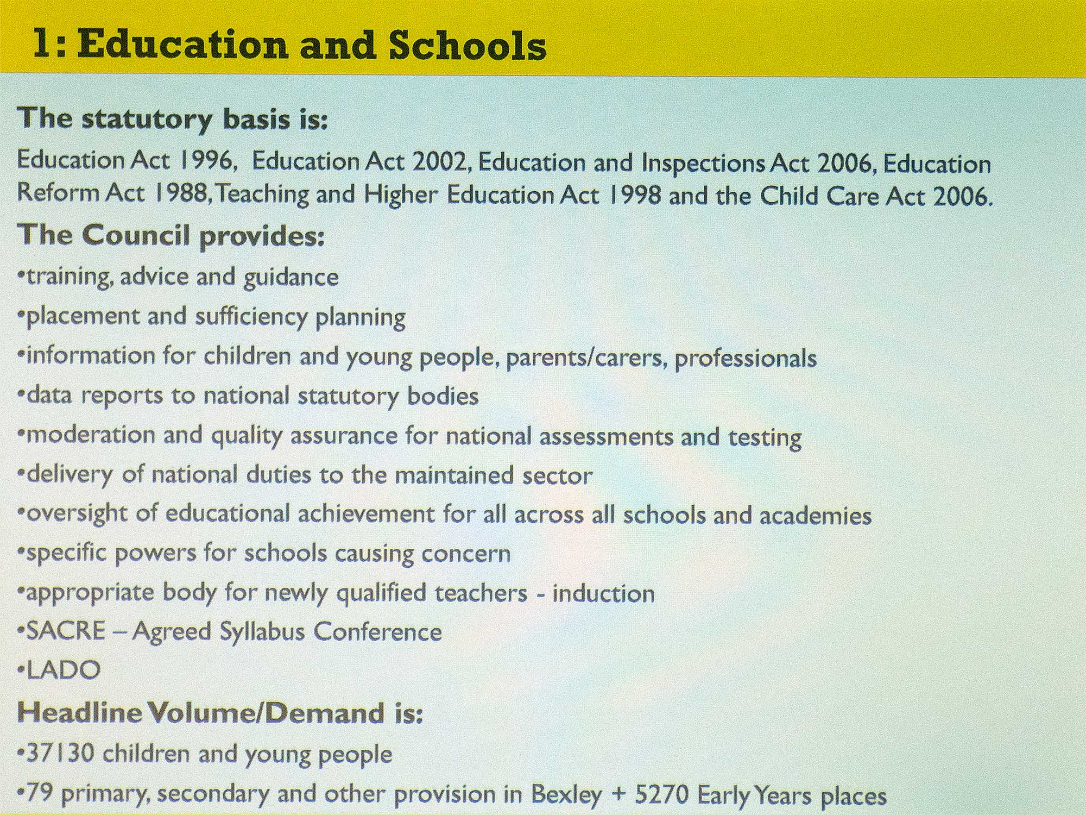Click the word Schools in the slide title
pos(467,45)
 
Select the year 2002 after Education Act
pos(440,161)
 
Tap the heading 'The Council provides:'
pos(171,235)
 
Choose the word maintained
pos(454,475)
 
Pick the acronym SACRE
pos(66,631)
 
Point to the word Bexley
pos(566,794)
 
